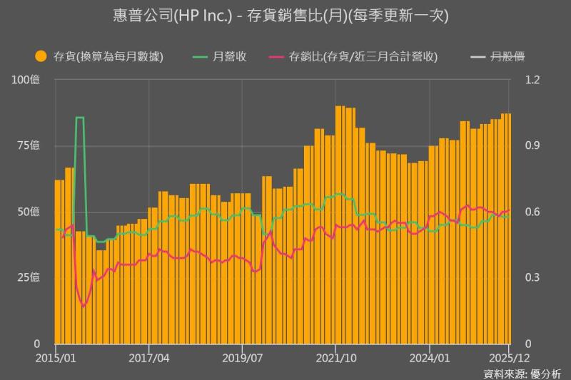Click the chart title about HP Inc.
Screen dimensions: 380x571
click(x=285, y=16)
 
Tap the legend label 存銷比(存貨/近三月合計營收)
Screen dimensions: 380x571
click(x=363, y=56)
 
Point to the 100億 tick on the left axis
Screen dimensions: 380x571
click(x=26, y=80)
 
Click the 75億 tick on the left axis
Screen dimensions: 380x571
click(x=29, y=145)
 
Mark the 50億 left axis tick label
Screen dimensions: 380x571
click(x=29, y=212)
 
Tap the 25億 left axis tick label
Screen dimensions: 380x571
click(x=29, y=277)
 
